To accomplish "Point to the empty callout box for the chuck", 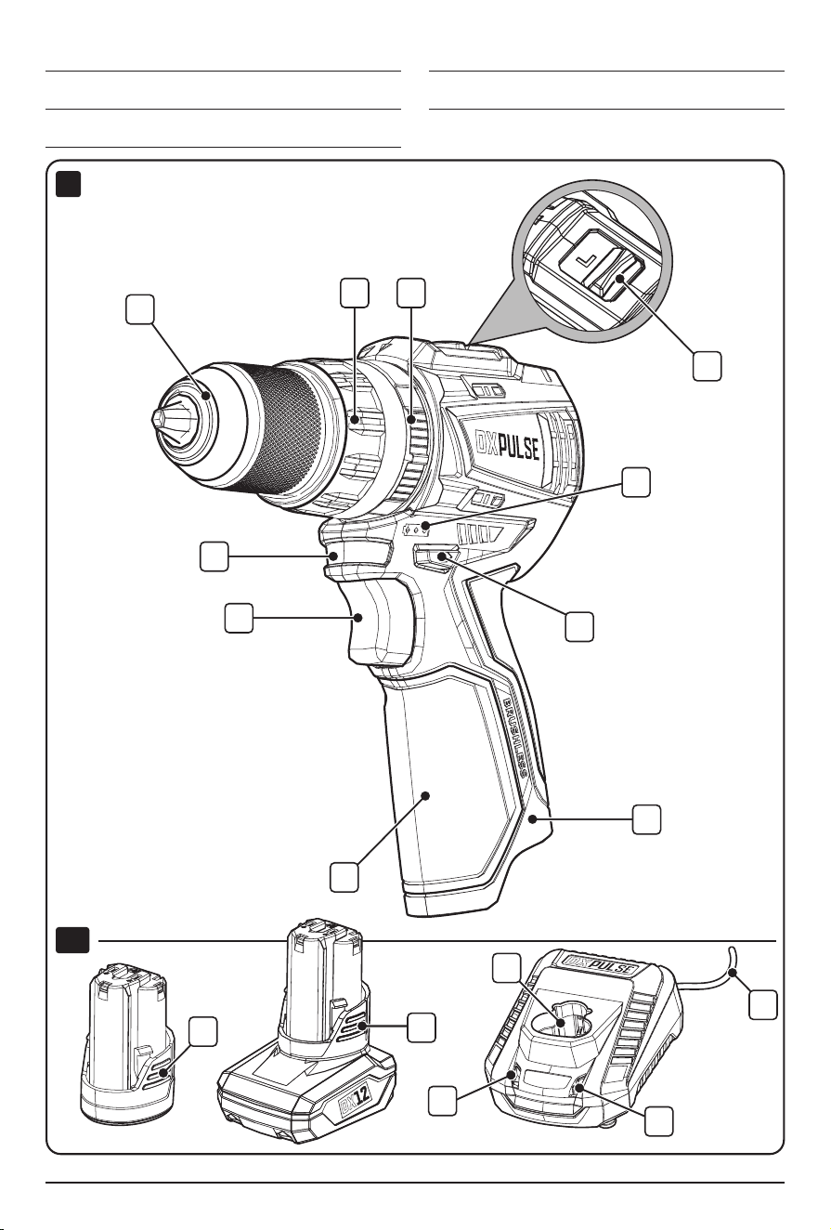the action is point(139,309).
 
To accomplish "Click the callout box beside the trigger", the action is point(239,619).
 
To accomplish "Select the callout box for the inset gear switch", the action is point(707,366).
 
